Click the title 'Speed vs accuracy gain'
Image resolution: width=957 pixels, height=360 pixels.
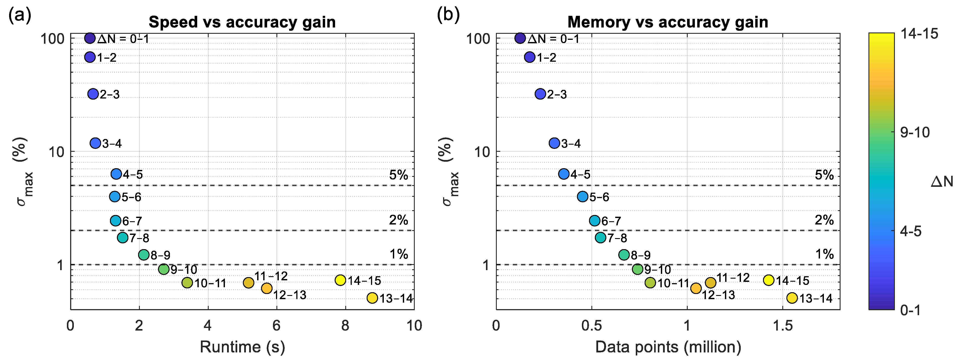coord(242,22)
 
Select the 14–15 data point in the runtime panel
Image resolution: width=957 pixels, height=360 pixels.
coord(340,280)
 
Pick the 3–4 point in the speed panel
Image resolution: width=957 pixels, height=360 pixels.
coord(95,143)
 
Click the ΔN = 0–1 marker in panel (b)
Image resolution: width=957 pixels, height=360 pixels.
coord(520,38)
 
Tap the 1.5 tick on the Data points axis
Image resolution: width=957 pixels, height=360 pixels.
coord(783,326)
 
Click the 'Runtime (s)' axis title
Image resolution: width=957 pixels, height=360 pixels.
coord(242,347)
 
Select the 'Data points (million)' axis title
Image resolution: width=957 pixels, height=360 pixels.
coord(668,347)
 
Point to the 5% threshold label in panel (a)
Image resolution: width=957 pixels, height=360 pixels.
coord(399,175)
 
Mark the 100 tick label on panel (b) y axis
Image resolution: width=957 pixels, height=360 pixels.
coord(478,38)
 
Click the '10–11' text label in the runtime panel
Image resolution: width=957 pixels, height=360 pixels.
coord(210,283)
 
